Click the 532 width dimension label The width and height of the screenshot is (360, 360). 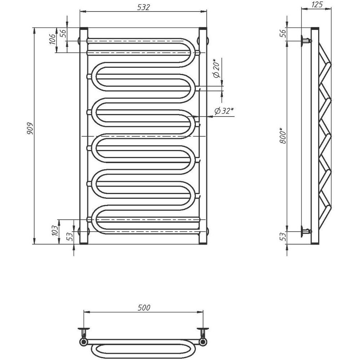click(143, 7)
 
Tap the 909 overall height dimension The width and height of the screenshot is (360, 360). click(30, 129)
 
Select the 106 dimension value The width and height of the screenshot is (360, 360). click(53, 39)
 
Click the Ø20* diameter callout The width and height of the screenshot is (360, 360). click(216, 68)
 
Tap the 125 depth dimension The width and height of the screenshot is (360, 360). click(317, 5)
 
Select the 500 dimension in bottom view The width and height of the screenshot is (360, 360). click(144, 307)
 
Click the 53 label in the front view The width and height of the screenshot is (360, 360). click(70, 237)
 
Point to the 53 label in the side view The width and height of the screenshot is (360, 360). click(283, 237)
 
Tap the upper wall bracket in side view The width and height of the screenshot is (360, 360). click(306, 41)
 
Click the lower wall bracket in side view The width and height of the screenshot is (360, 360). click(306, 232)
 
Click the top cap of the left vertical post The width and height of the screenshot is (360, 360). click(84, 28)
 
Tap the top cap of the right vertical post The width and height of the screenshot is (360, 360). click(203, 28)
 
